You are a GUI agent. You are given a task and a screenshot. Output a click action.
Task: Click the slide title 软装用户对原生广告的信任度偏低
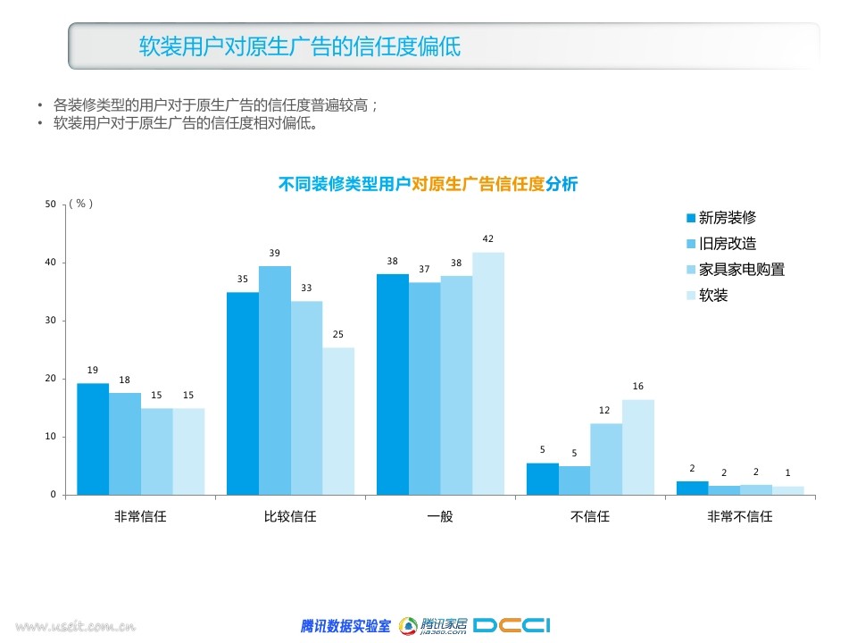point(300,46)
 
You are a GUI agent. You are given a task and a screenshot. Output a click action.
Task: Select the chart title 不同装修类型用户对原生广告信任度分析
point(428,184)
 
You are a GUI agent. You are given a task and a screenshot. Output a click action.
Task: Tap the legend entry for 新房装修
point(721,218)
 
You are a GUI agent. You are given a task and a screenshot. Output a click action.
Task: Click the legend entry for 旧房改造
point(721,243)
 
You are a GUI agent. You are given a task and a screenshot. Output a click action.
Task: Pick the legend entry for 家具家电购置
point(736,269)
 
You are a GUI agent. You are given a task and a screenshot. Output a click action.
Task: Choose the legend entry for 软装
point(707,296)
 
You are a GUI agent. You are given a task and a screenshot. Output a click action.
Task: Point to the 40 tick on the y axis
point(50,262)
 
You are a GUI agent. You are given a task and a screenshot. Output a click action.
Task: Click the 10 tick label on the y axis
point(50,437)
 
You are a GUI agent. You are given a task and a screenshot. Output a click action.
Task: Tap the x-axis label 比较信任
point(290,516)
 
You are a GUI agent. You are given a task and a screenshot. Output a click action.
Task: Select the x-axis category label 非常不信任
point(740,516)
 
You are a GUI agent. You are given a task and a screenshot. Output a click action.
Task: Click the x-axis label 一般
point(440,516)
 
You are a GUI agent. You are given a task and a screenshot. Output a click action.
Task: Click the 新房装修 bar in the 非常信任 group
point(93,439)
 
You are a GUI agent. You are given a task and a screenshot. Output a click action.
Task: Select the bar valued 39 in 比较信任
point(275,380)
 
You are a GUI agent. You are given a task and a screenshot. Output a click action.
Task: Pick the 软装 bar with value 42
point(488,374)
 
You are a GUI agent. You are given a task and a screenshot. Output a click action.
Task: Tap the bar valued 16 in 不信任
point(638,447)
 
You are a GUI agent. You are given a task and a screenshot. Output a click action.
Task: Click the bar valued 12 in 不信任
point(606,459)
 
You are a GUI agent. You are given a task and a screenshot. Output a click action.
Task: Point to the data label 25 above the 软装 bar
point(338,334)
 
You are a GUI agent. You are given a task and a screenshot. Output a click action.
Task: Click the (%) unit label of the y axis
point(81,204)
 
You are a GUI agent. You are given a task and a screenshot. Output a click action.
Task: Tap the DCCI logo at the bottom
point(512,625)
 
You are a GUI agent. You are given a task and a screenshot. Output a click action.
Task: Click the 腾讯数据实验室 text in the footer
point(345,625)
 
